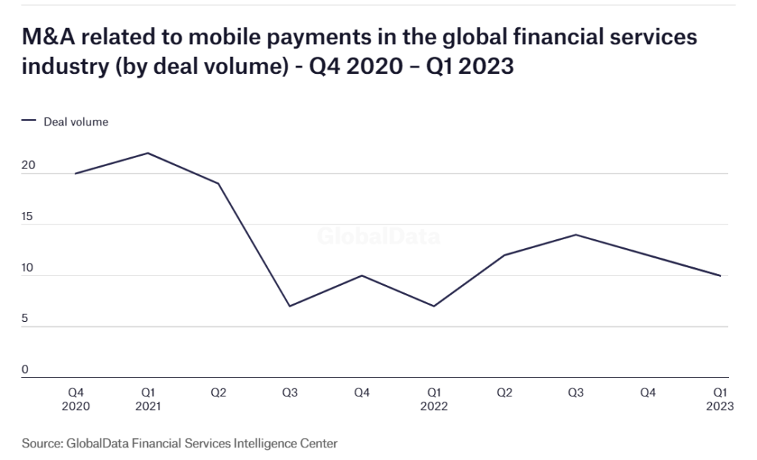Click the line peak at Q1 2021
tap(147, 153)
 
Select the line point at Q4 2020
tap(75, 174)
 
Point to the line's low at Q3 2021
tap(290, 306)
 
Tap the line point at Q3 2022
tap(576, 235)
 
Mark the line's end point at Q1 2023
tap(720, 275)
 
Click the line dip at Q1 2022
tap(433, 306)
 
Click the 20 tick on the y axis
tap(28, 166)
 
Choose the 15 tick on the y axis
tap(28, 217)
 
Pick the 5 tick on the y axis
tap(25, 319)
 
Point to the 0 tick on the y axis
tap(25, 370)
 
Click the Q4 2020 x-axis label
tap(75, 399)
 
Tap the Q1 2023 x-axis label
tap(720, 399)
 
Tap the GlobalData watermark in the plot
tap(378, 238)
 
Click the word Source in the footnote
tap(42, 444)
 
